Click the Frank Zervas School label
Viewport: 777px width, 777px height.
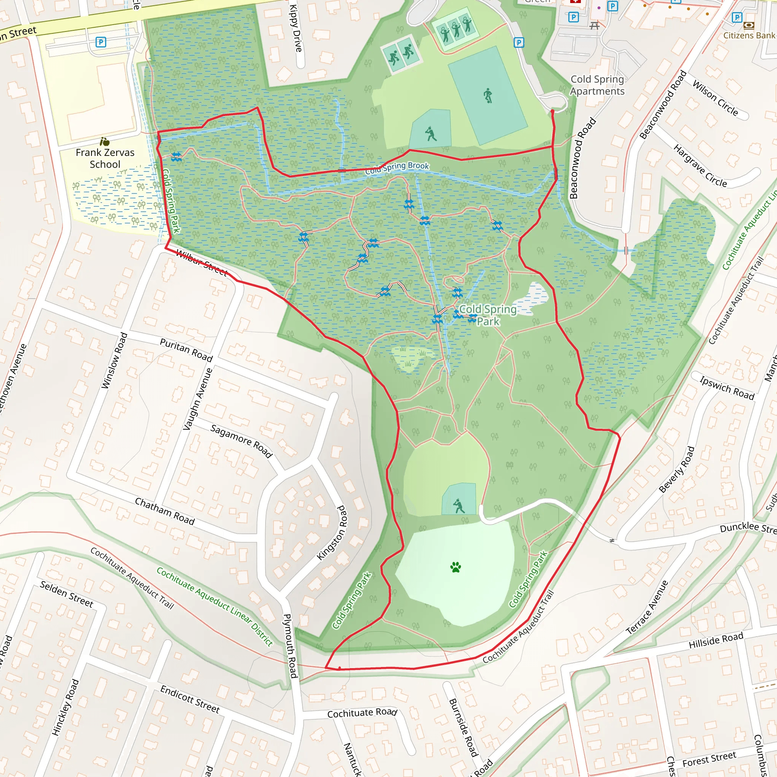point(105,158)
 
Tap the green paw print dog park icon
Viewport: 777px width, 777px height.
point(455,567)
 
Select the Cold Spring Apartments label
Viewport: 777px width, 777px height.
point(597,85)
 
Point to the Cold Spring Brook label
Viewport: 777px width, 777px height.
point(397,168)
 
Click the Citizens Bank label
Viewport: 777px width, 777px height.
point(749,35)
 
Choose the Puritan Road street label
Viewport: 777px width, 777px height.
point(186,349)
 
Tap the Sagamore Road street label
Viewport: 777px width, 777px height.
point(241,441)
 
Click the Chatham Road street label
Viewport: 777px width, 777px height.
point(165,511)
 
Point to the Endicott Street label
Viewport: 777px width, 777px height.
point(190,699)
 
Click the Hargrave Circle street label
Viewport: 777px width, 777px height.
point(700,166)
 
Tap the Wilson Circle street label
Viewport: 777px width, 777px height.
point(715,98)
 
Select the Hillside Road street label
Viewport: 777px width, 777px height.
point(716,640)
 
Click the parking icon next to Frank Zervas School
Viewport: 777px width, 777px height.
point(101,42)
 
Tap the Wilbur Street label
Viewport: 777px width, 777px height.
point(202,263)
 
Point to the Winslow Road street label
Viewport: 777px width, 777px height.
point(114,360)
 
